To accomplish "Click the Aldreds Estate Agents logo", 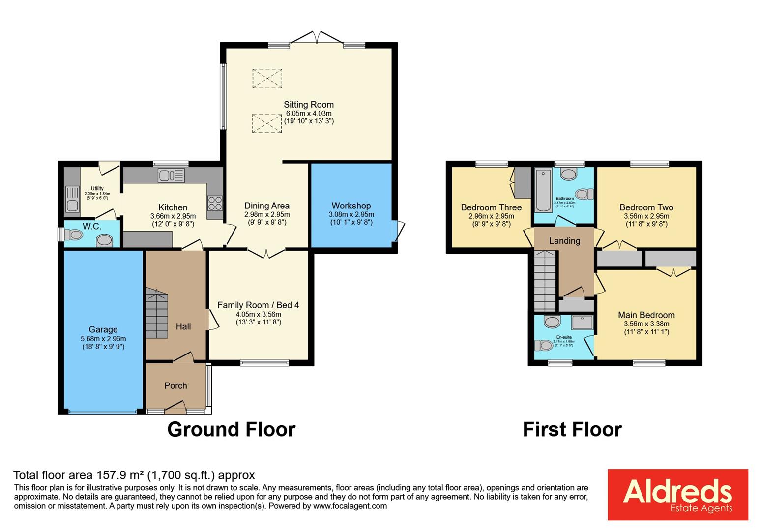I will pos(677,494).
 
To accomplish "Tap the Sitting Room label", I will pos(309,105).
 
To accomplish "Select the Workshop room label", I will pos(351,206).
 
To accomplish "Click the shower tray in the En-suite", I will pos(583,323).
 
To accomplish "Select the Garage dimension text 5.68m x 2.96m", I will pos(103,339).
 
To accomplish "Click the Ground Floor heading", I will pos(231,429).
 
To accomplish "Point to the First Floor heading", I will pos(572,429).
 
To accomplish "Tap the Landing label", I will pos(564,241).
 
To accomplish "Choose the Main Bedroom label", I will pos(646,315).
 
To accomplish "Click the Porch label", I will pos(175,386).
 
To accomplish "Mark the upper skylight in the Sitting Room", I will pos(267,78).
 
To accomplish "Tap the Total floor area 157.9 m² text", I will pos(134,475).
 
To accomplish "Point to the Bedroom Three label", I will pos(491,207).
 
